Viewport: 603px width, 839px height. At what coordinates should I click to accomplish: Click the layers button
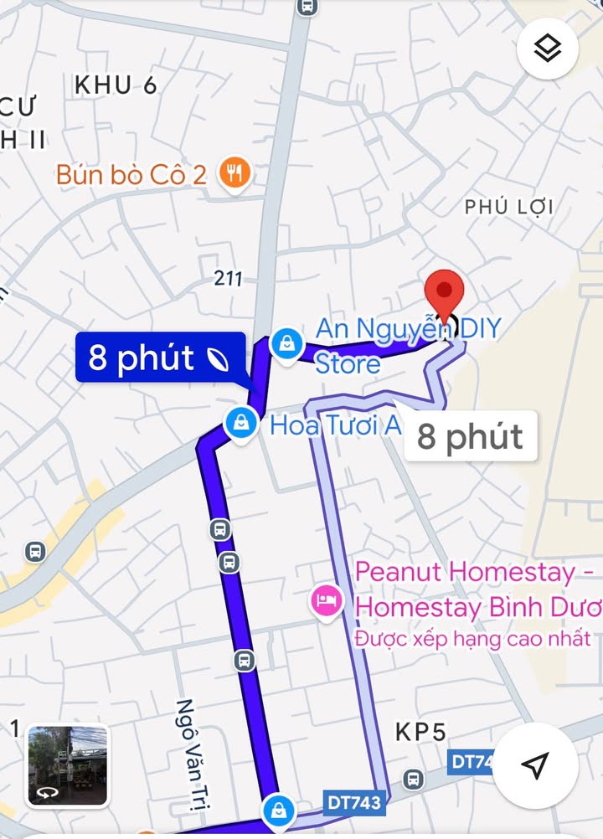(548, 49)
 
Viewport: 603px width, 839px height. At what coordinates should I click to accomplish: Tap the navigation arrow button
(534, 764)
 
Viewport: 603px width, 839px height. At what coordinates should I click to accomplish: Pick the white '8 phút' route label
(470, 436)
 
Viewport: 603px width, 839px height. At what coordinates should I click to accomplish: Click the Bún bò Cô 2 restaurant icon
(235, 174)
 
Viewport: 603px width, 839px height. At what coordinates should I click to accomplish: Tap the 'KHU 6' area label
(116, 85)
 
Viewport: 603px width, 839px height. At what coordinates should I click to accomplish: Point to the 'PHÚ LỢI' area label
(509, 207)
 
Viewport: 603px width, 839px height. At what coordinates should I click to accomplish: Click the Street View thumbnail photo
(68, 764)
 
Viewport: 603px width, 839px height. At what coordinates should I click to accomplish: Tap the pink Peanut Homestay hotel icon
(326, 600)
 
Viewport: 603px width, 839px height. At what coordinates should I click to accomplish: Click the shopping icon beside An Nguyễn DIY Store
(286, 344)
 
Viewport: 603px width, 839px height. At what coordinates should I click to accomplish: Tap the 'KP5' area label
(420, 733)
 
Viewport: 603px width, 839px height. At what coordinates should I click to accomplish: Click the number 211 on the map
(228, 278)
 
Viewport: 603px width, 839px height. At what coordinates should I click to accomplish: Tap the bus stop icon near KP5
(413, 779)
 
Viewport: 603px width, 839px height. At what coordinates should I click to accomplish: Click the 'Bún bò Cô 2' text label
(131, 174)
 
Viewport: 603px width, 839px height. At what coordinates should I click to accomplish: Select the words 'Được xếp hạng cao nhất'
(473, 639)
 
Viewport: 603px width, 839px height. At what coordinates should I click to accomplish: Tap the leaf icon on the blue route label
(218, 358)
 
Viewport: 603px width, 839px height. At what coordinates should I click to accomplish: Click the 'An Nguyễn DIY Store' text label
(407, 343)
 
